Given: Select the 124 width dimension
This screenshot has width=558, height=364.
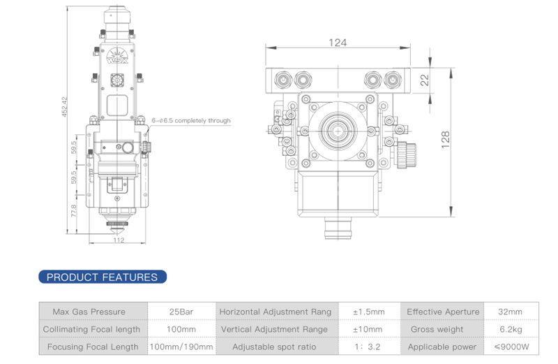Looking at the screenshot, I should coord(337,43).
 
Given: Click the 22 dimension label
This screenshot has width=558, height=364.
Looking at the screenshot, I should coord(423,80).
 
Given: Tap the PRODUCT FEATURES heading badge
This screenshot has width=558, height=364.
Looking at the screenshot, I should coord(103,277).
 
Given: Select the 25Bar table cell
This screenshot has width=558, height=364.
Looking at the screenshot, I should coord(181,312).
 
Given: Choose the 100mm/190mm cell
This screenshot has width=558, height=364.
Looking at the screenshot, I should coord(181,347).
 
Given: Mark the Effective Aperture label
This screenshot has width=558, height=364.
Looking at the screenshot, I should coord(443,312).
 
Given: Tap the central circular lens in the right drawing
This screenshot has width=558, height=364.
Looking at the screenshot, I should coord(338,130).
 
